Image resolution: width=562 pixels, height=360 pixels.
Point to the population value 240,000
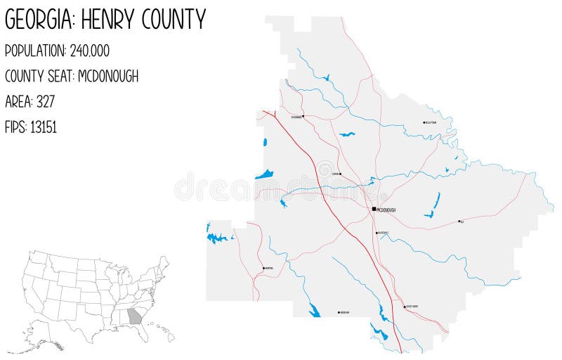[x=90, y=51]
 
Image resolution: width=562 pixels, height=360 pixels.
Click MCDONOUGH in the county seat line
[x=108, y=76]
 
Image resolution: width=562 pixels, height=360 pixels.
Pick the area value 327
[x=46, y=101]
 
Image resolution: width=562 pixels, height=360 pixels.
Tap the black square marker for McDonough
[x=374, y=209]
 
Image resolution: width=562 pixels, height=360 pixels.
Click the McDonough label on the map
[x=387, y=210]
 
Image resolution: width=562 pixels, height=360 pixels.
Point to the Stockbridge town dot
[x=303, y=116]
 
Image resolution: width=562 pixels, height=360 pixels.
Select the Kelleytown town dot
[x=424, y=122]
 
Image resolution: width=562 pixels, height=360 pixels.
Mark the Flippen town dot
[x=341, y=174]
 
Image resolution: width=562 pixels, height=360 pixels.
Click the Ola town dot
[x=459, y=221]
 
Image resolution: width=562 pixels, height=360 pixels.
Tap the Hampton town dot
[x=263, y=268]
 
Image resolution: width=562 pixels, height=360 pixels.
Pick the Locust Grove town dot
[x=404, y=307]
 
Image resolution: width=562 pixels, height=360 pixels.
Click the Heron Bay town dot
[x=339, y=312]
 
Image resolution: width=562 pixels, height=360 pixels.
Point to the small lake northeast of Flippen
[x=346, y=134]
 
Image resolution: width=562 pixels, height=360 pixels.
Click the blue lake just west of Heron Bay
[x=314, y=311]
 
